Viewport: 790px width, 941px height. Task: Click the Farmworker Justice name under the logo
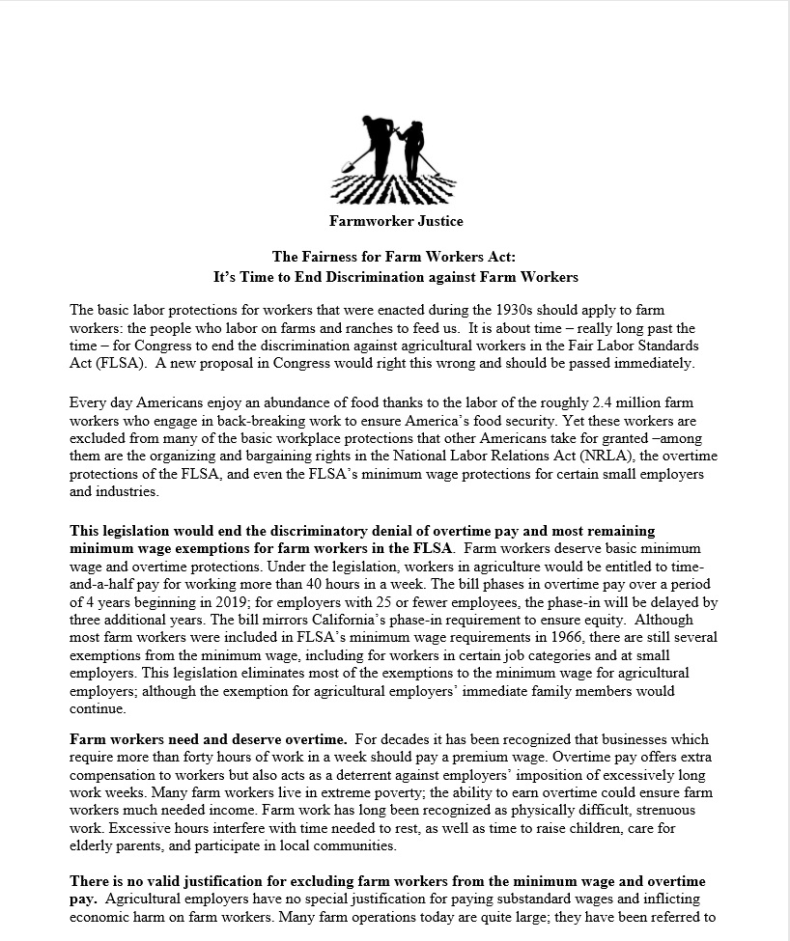pos(395,221)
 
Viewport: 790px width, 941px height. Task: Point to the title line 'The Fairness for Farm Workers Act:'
pos(395,257)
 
